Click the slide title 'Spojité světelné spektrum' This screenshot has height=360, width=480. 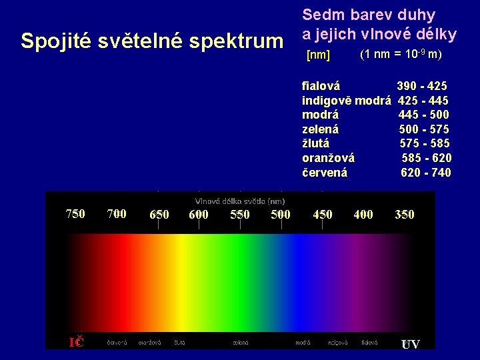[x=152, y=41]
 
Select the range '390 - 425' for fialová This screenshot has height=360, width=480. [x=422, y=86]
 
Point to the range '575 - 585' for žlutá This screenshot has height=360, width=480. [x=425, y=143]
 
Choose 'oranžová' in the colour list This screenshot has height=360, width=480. [x=328, y=158]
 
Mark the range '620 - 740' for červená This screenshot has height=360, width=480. [x=425, y=173]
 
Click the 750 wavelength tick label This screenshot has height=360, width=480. [x=75, y=214]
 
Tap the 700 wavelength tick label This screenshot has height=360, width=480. [x=117, y=214]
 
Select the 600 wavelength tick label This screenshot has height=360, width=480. [x=199, y=215]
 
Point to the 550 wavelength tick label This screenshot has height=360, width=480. [x=240, y=215]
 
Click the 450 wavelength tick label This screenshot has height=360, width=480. [x=323, y=215]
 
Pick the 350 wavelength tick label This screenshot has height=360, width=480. [x=404, y=215]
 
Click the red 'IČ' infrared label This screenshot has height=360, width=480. [x=77, y=343]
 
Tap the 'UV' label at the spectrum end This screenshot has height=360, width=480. [x=410, y=344]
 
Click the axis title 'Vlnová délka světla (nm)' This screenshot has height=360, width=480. [x=240, y=201]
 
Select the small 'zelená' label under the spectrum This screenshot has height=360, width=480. [x=241, y=343]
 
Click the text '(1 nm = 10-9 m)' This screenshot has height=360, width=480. [x=400, y=54]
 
